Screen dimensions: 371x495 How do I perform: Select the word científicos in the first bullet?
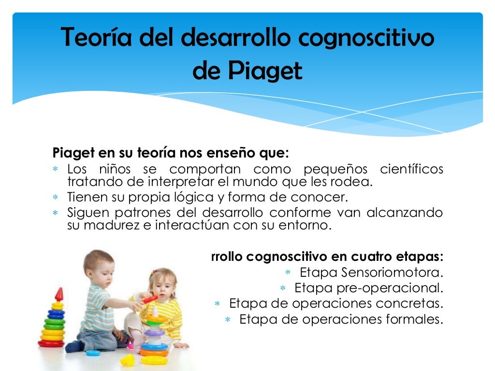pos(411,170)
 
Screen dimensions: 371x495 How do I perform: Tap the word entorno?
pos(307,226)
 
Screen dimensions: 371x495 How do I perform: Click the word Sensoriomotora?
pos(392,272)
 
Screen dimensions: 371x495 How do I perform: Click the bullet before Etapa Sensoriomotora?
pos(288,272)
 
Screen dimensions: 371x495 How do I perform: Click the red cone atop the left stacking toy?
pos(59,294)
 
